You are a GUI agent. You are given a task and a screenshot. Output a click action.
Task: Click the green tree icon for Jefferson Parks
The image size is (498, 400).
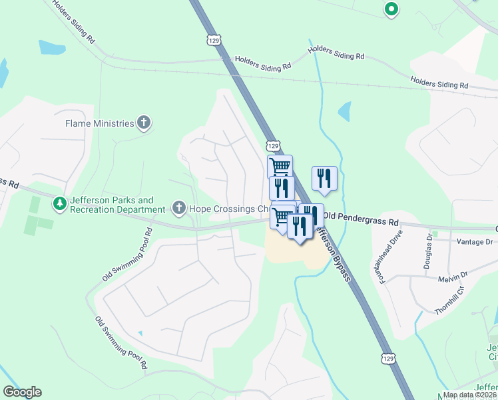tap(60, 203)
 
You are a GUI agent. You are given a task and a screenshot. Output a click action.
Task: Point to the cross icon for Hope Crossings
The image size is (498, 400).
tap(178, 209)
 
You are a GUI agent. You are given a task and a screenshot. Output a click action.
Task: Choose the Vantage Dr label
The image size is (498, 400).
tap(473, 242)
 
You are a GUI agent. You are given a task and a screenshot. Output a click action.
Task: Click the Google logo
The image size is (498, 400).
tap(22, 392)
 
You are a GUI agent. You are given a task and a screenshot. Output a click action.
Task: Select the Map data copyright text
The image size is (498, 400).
tap(469, 395)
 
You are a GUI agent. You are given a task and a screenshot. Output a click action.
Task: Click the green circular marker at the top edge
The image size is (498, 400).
tap(391, 9)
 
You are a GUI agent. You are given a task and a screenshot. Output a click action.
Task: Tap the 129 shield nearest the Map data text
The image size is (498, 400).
tap(389, 359)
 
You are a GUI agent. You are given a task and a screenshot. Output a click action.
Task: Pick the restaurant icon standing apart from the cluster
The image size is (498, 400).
tap(324, 178)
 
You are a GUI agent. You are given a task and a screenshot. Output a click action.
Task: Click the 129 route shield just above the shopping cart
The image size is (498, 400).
tap(272, 145)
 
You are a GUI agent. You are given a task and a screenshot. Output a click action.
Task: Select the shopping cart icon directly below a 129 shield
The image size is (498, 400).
tap(280, 165)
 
